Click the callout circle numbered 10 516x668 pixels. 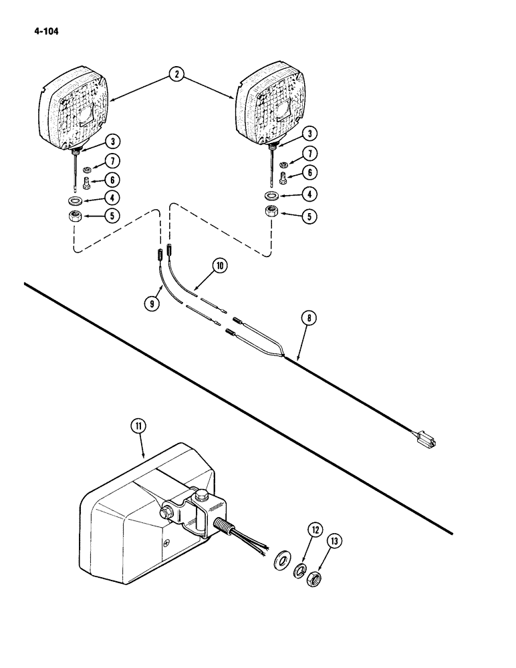click(221, 266)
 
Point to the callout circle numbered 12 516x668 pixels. click(314, 532)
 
